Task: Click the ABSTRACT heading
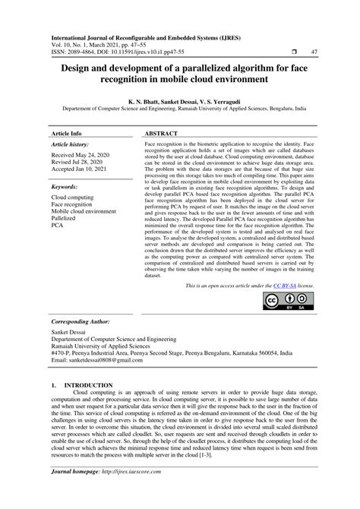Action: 160,132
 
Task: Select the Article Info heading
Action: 66,132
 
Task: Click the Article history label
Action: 69,143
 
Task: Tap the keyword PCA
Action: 56,226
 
